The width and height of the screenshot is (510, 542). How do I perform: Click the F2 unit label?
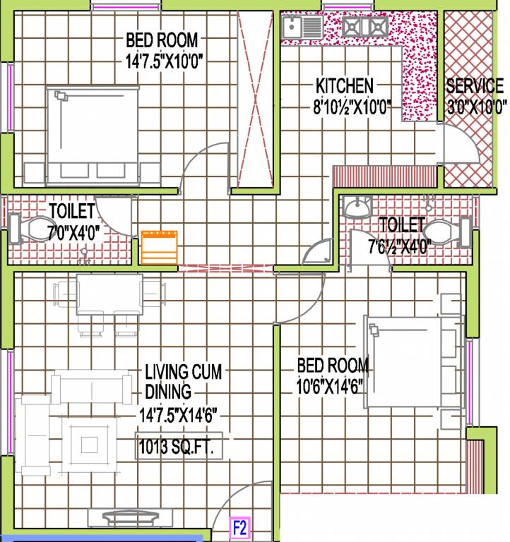(x=240, y=527)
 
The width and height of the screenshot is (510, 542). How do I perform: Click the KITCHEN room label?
(x=344, y=86)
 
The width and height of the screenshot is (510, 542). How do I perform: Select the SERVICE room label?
(x=475, y=87)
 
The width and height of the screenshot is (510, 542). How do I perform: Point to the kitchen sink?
(x=301, y=28)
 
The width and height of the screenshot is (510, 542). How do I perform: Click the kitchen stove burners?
(x=364, y=28)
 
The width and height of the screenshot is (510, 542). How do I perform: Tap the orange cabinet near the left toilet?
(x=159, y=246)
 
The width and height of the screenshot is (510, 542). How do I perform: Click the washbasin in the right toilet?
(x=357, y=206)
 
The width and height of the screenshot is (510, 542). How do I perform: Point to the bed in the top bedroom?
(x=93, y=134)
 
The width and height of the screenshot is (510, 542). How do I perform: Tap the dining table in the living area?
(x=109, y=296)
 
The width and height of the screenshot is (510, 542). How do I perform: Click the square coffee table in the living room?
(x=88, y=444)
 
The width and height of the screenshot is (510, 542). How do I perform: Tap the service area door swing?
(x=462, y=145)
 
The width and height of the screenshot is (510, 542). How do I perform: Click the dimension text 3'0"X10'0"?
(x=477, y=107)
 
